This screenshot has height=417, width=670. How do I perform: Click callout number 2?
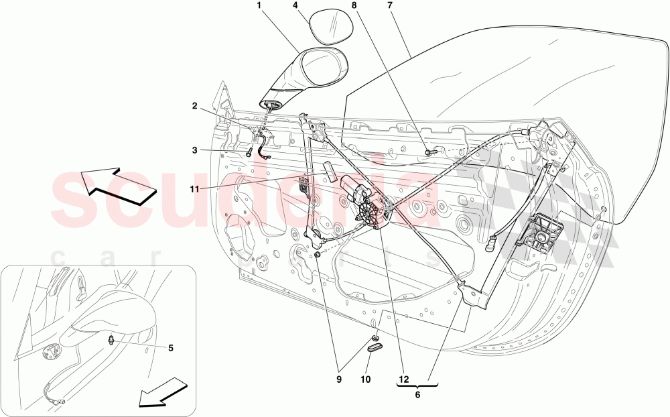tap(194, 106)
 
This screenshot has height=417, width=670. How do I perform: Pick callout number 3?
tap(194, 151)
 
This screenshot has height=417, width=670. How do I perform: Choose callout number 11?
tap(194, 190)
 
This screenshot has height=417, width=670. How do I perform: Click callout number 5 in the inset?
tap(170, 348)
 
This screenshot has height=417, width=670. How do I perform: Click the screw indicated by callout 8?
tap(429, 153)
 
